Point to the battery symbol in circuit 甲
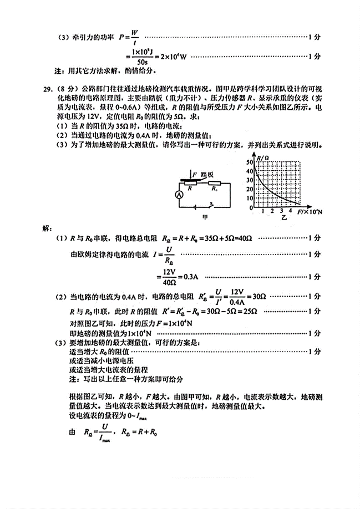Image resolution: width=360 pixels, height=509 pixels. pyautogui.click(x=195, y=208)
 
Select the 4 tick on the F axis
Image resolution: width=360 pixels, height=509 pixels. pyautogui.click(x=291, y=211)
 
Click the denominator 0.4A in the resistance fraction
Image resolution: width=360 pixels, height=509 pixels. pyautogui.click(x=237, y=300)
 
